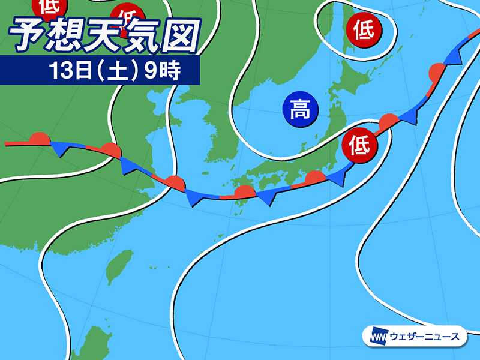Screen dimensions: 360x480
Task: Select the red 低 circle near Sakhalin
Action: click(363, 29)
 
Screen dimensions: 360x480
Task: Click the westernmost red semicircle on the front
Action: click(38, 138)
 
